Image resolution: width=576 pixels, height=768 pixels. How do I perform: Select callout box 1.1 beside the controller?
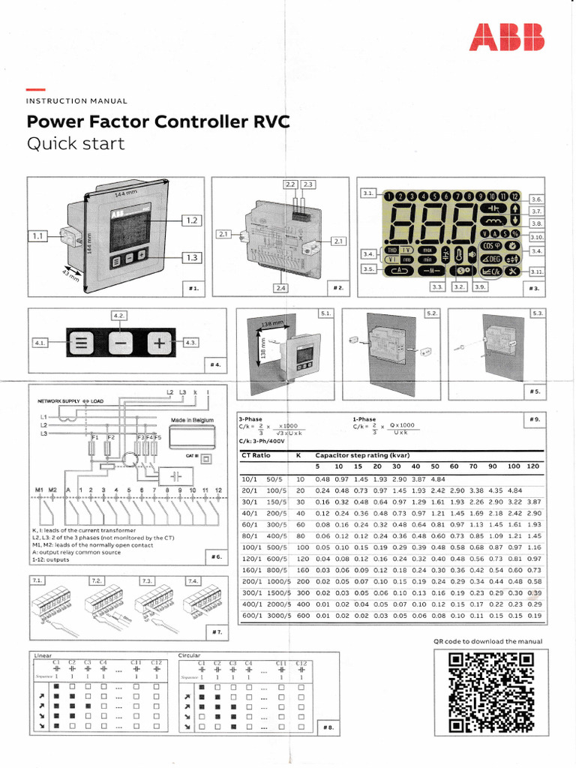38,236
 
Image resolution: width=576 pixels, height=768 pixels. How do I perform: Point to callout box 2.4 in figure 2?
280,288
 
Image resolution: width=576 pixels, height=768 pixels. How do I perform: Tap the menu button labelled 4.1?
80,343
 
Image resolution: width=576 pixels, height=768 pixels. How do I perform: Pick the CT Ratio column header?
256,455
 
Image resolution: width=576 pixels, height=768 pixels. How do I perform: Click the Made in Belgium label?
193,420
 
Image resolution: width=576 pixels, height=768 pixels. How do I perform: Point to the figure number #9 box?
533,419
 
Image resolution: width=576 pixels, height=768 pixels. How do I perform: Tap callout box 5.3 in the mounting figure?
537,313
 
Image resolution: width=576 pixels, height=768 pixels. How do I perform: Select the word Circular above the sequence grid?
190,655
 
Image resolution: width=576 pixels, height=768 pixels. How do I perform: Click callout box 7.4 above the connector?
193,580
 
